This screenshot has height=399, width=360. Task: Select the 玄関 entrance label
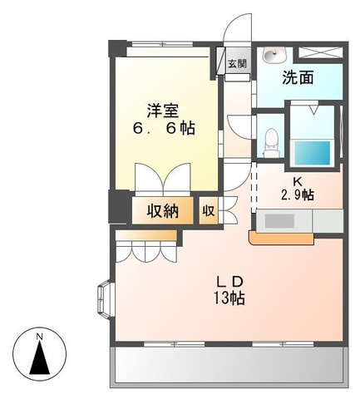[x=237, y=63]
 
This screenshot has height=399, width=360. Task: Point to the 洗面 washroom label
[x=298, y=79]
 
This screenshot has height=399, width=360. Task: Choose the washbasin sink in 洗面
[x=273, y=56]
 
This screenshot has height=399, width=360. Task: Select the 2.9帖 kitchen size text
[x=297, y=195]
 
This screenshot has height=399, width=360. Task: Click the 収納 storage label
[x=163, y=211]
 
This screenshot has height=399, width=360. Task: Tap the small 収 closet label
[x=208, y=211]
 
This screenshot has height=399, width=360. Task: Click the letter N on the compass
[x=38, y=336]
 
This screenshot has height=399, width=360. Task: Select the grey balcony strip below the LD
[x=227, y=365]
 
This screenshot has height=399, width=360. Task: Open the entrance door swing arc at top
[x=239, y=29]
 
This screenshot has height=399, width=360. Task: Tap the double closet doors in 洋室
[x=164, y=179]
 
